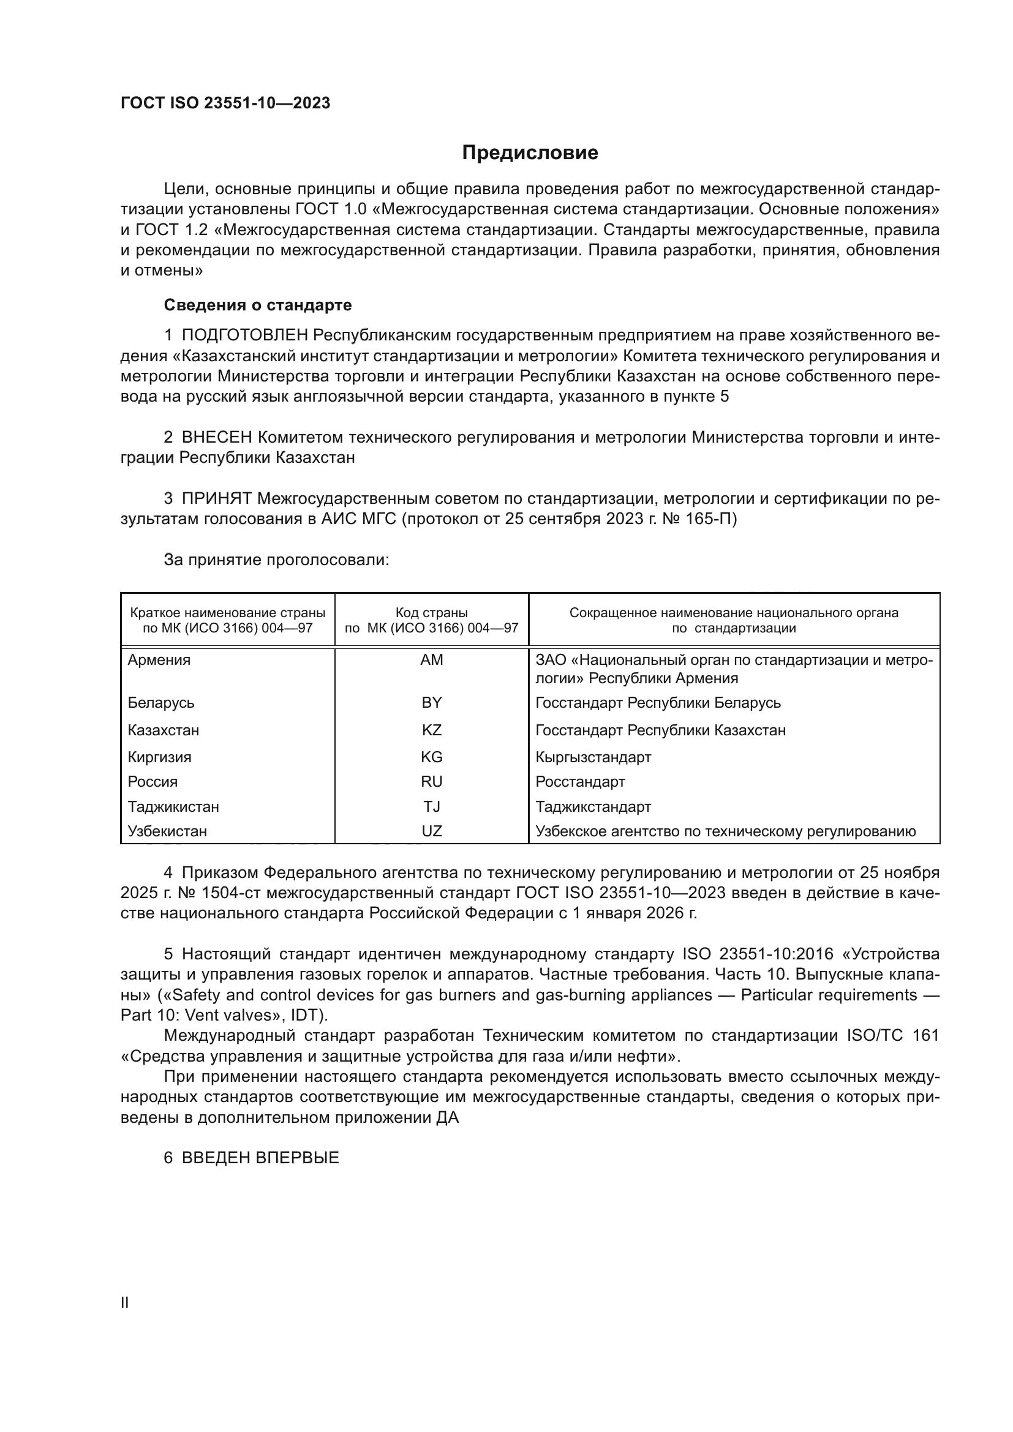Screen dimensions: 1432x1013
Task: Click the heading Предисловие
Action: click(530, 153)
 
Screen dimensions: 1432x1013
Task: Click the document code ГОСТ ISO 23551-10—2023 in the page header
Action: click(225, 103)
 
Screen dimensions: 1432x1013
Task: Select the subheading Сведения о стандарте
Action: click(258, 305)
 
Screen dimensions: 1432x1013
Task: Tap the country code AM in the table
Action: click(432, 660)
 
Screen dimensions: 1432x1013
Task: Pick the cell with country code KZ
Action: click(432, 730)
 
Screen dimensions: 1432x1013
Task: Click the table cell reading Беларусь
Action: click(161, 703)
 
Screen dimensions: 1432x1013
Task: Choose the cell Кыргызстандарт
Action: click(593, 757)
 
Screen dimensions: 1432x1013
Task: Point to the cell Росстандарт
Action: click(580, 781)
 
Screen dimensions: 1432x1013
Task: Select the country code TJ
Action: click(432, 806)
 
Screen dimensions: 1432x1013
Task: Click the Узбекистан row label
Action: click(167, 831)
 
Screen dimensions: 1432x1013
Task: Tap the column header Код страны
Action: click(432, 612)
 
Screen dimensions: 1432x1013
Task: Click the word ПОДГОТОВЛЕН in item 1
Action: click(244, 336)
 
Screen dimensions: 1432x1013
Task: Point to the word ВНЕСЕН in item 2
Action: click(216, 438)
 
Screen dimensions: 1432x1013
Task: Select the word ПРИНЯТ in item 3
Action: click(216, 499)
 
